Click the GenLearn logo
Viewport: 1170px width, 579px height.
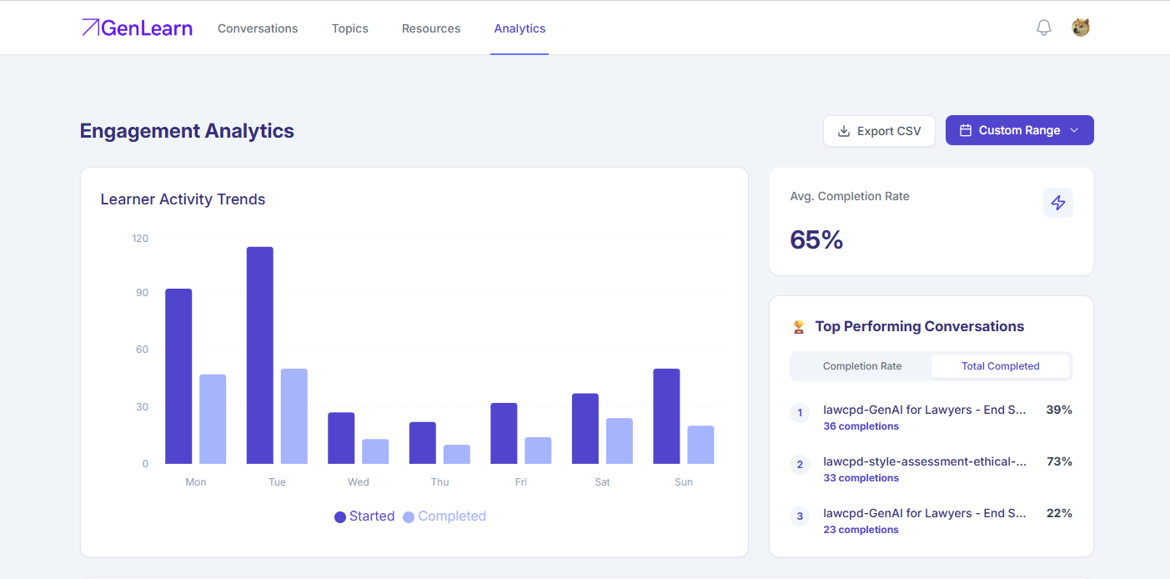(137, 28)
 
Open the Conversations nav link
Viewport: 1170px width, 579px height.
(258, 28)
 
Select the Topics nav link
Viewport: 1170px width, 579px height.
(350, 28)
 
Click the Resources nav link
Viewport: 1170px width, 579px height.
(431, 28)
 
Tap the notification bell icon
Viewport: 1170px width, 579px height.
(1043, 28)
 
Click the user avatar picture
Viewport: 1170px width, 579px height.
(1080, 28)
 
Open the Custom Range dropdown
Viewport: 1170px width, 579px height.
(1019, 130)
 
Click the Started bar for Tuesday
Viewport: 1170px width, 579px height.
(259, 355)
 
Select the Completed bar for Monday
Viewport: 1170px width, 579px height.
(213, 419)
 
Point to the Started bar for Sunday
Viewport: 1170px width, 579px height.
(666, 416)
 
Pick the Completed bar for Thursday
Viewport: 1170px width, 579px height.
(456, 454)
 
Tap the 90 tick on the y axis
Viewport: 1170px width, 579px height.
(142, 293)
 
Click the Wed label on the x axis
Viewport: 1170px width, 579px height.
(359, 481)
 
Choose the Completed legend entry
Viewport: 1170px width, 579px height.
(444, 516)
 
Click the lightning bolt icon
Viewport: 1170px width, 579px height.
(1057, 203)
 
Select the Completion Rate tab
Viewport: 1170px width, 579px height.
(861, 365)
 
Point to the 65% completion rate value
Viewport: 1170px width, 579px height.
(816, 239)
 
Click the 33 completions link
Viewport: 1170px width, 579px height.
(861, 477)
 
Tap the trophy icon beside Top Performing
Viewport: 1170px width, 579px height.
(799, 327)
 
